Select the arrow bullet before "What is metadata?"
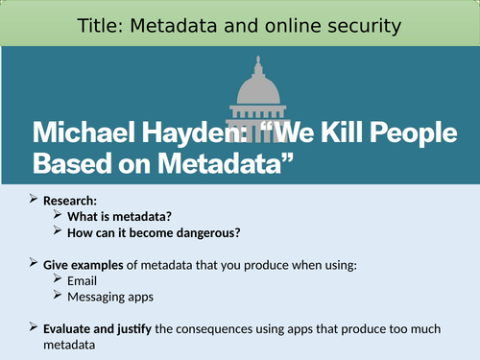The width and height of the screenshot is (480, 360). tap(60, 217)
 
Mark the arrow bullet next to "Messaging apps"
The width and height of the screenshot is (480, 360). tap(60, 297)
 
